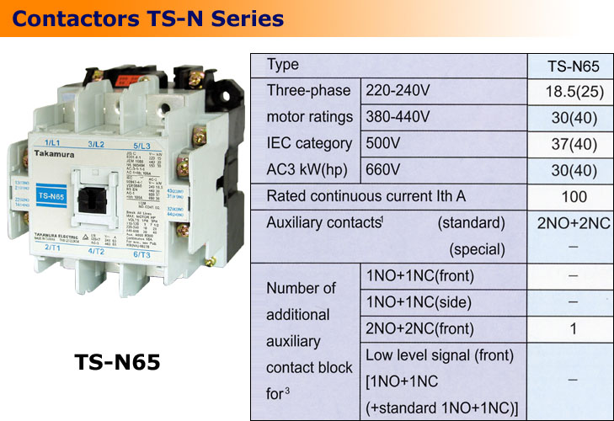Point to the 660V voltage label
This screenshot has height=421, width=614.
(x=383, y=169)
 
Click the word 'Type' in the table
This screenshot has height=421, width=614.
(x=282, y=65)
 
